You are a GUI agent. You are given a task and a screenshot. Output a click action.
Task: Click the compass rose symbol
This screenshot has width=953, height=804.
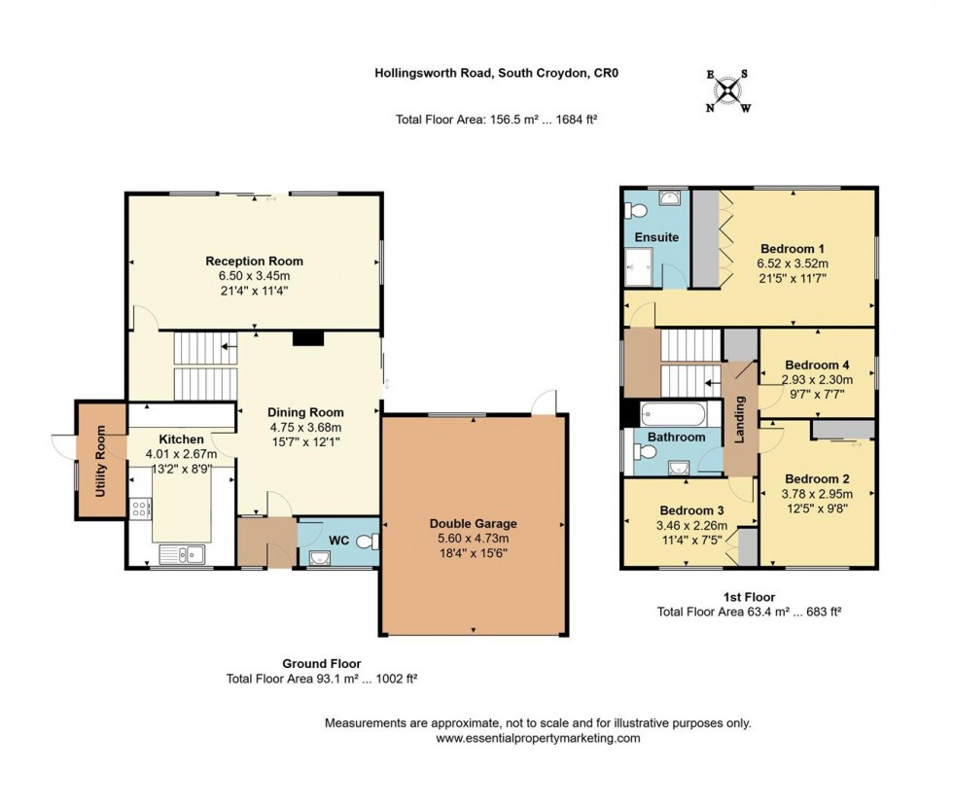pyautogui.click(x=727, y=90)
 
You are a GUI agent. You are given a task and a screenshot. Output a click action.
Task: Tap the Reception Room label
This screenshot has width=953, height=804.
pyautogui.click(x=254, y=261)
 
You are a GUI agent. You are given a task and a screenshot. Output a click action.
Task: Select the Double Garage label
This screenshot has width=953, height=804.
pyautogui.click(x=474, y=523)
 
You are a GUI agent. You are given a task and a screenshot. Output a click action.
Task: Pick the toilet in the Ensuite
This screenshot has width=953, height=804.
pyautogui.click(x=637, y=211)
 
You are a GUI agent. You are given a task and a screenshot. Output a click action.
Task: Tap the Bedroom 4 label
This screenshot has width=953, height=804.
pyautogui.click(x=818, y=365)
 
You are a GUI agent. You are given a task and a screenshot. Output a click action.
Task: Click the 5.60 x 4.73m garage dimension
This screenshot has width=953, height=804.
pyautogui.click(x=474, y=539)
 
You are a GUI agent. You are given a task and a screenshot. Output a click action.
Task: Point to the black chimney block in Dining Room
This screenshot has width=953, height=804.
pyautogui.click(x=308, y=338)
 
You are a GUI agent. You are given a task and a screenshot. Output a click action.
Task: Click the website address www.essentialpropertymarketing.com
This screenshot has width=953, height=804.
pyautogui.click(x=538, y=738)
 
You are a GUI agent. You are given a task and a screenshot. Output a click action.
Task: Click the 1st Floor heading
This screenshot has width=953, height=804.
pyautogui.click(x=748, y=597)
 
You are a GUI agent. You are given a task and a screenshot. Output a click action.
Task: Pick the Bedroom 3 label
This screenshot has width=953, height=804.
pyautogui.click(x=691, y=510)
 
